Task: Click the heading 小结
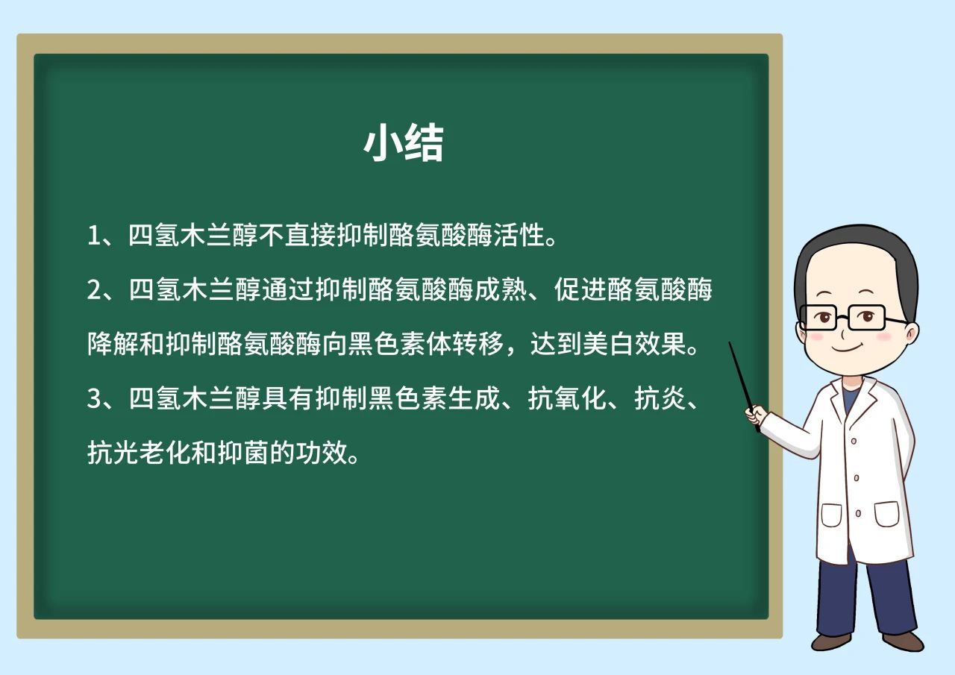coord(404,142)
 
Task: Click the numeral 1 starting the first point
coord(93,235)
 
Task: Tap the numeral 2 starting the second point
coord(94,289)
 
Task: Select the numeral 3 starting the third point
coord(94,398)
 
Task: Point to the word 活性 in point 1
coord(519,234)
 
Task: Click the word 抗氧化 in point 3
coord(566,398)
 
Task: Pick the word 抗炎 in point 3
coord(660,398)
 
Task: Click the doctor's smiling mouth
coord(848,348)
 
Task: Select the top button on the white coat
coord(854,441)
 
